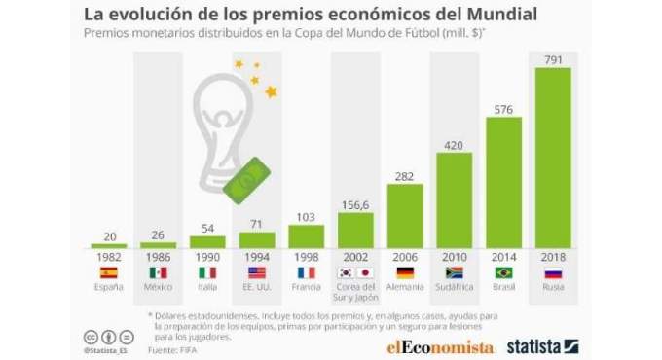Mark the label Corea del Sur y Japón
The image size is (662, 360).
click(354, 294)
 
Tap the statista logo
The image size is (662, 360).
click(542, 344)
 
